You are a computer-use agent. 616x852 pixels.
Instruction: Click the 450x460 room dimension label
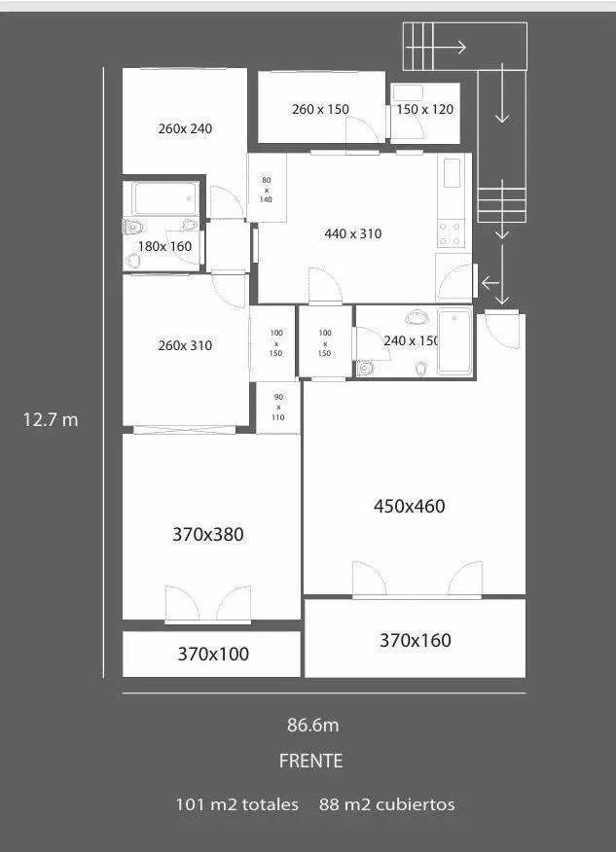coord(410,507)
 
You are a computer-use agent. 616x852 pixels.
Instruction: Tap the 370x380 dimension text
coord(207,535)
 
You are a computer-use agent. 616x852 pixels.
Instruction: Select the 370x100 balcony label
coord(213,654)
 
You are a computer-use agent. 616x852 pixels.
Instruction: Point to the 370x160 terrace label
coord(416,640)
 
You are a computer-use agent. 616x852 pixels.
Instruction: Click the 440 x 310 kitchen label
coord(353,233)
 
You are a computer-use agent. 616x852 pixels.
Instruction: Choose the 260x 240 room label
coord(185,128)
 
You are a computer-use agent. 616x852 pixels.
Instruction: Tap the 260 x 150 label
coord(320,109)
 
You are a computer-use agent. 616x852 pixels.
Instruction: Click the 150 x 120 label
coord(424,109)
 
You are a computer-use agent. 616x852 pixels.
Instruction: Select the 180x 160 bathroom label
coord(164,246)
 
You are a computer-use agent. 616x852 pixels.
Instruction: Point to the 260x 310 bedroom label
coord(185,345)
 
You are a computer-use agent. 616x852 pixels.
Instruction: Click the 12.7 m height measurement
coord(51,419)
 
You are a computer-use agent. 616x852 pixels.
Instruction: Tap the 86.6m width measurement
coord(313,725)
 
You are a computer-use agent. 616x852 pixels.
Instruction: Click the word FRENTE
coord(311,761)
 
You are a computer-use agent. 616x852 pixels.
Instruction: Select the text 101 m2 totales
coord(237,804)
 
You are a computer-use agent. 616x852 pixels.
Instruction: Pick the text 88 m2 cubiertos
coord(387,804)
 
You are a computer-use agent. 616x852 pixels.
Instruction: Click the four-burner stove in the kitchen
coord(452,233)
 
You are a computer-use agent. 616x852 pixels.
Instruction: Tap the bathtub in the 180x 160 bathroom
coord(165,198)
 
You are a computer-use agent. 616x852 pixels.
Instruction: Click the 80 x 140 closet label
coord(266,190)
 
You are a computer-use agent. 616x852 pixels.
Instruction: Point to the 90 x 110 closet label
coord(278,408)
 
